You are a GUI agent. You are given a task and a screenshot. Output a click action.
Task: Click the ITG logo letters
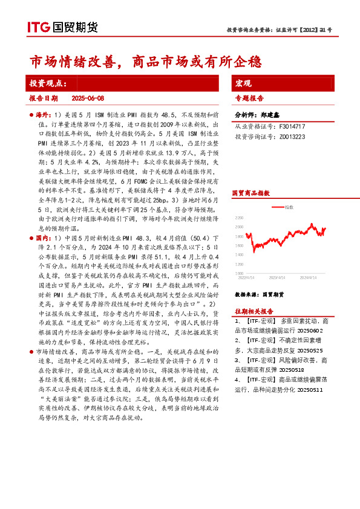click(x=38, y=27)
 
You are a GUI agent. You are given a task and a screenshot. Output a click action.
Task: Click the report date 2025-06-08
click(x=88, y=97)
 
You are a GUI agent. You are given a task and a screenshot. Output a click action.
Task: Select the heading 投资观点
click(x=48, y=83)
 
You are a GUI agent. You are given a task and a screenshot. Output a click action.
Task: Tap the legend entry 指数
click(x=289, y=207)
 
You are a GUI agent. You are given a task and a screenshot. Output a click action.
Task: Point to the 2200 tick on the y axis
click(x=240, y=218)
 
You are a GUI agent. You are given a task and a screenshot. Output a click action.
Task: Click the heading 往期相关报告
click(x=254, y=311)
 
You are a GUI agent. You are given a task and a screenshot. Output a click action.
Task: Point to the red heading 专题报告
click(x=249, y=97)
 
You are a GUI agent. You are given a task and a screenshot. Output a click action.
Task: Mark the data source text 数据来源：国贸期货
click(x=259, y=294)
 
